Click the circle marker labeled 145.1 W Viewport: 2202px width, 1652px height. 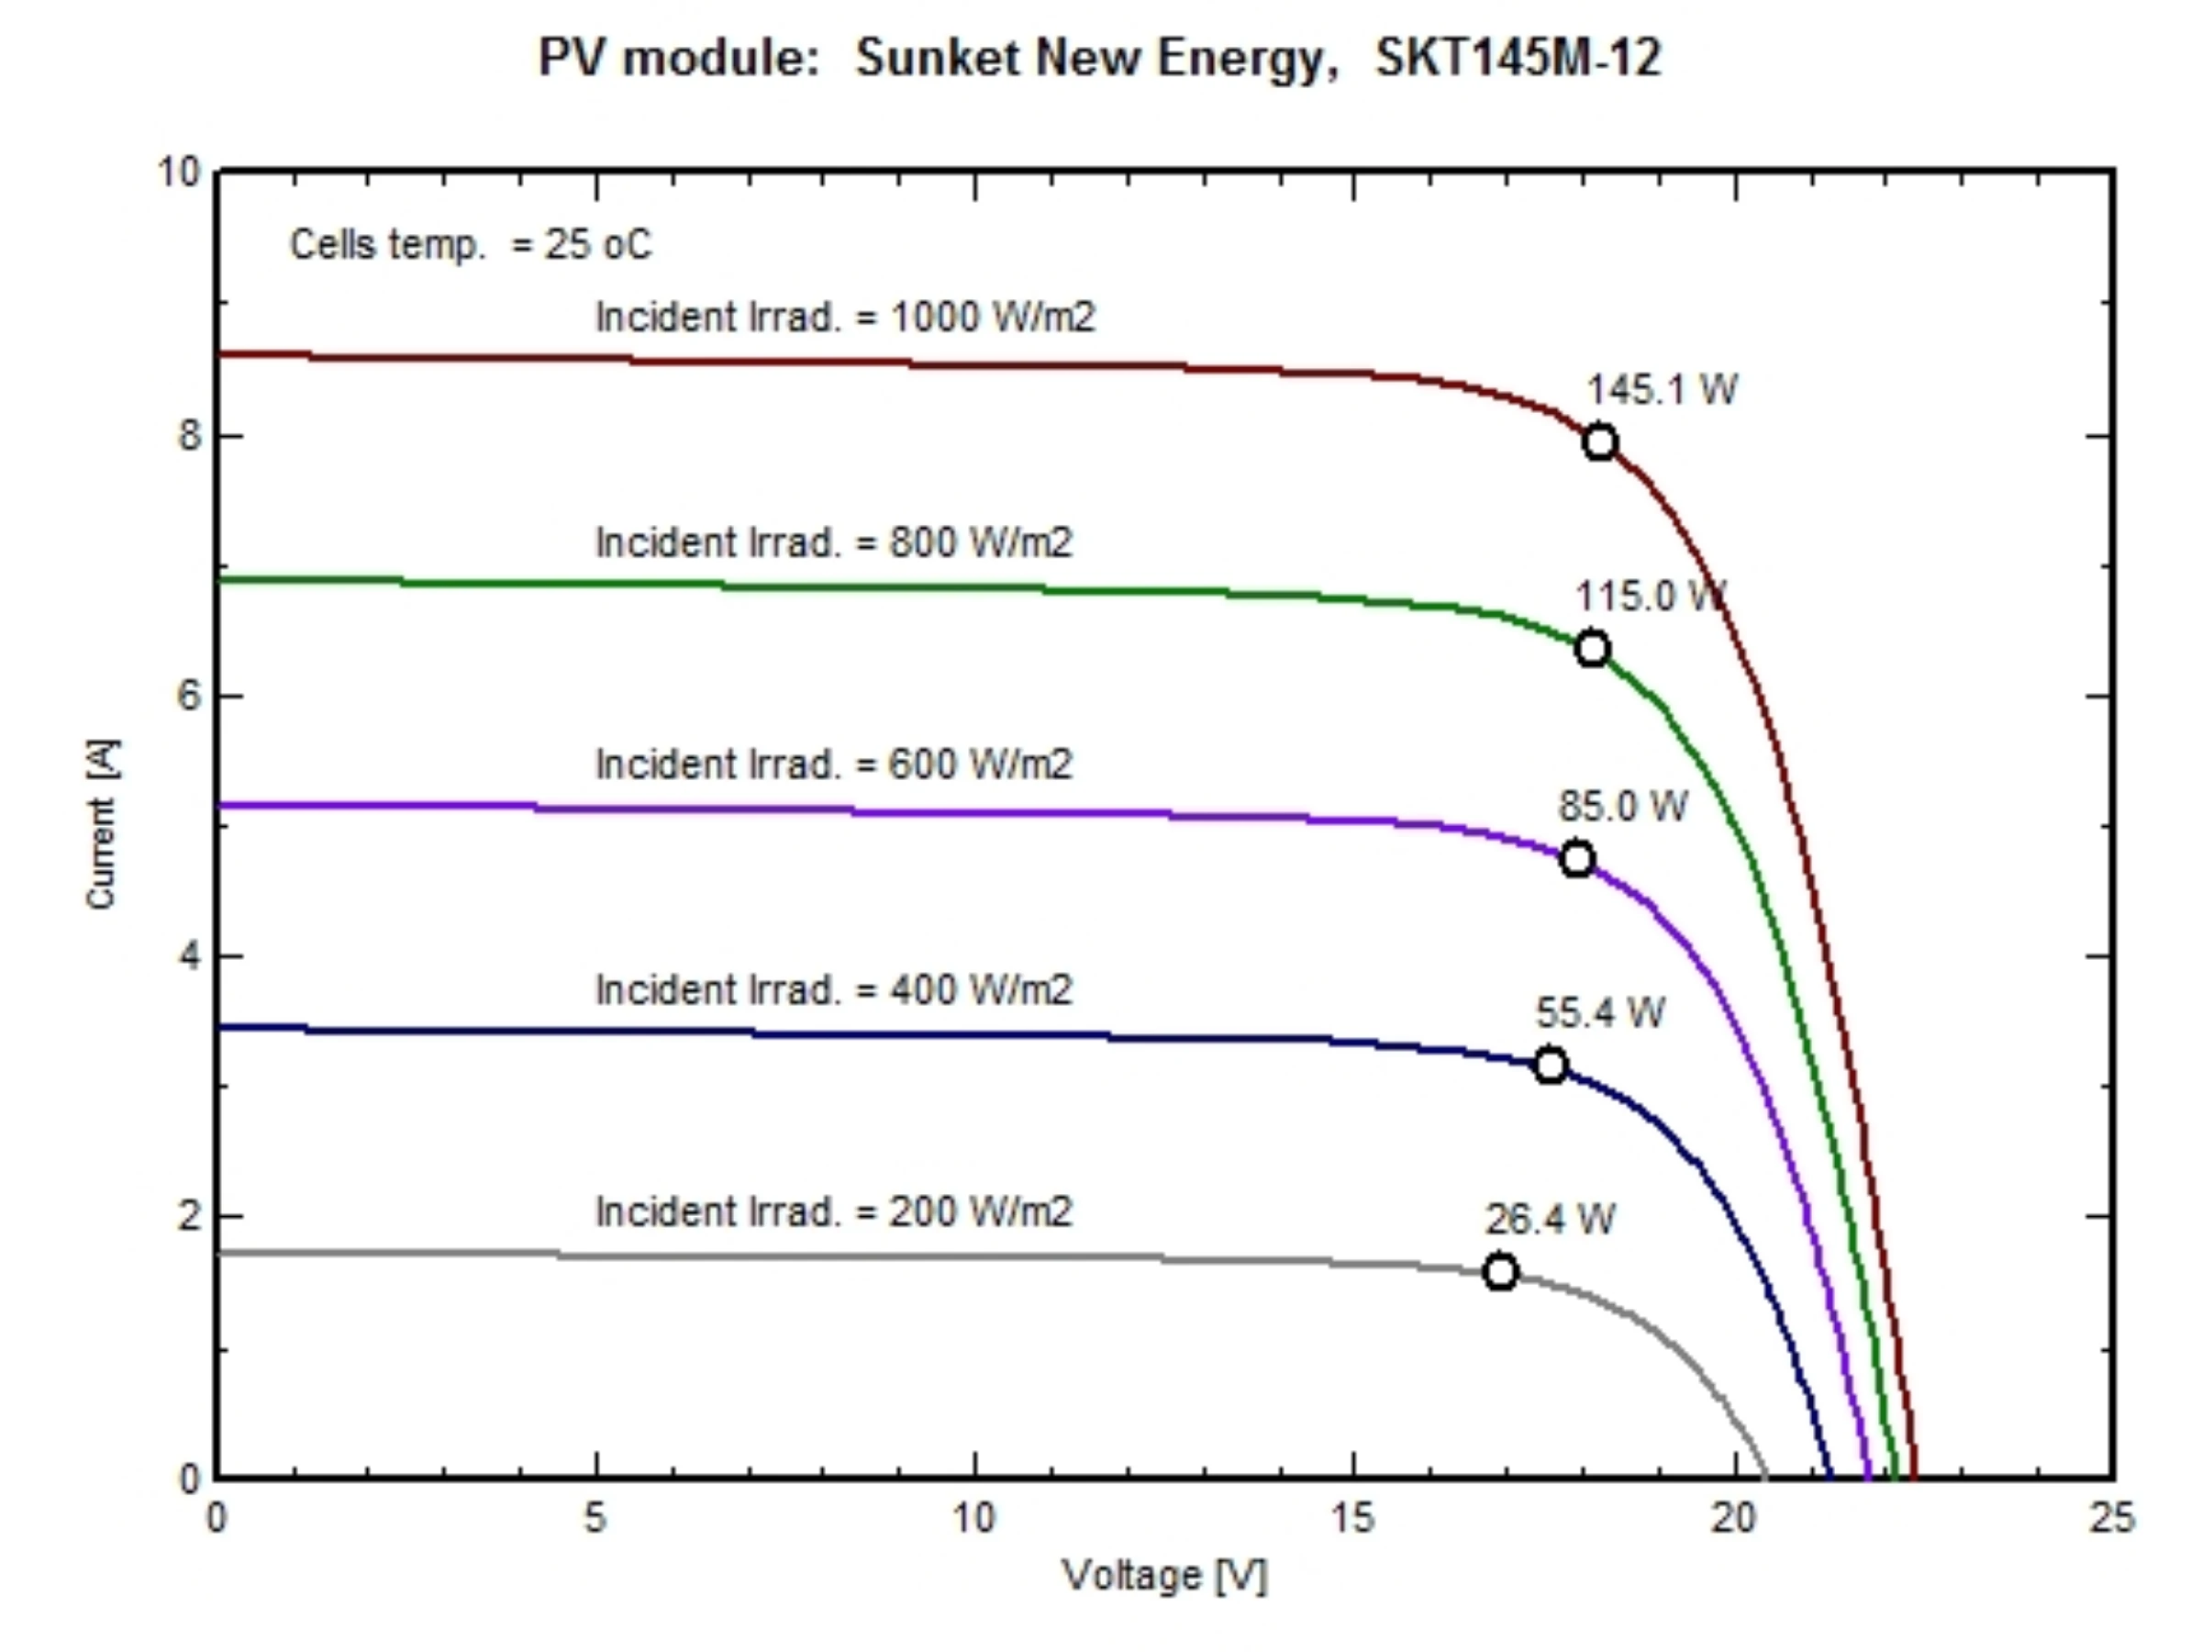click(x=1600, y=442)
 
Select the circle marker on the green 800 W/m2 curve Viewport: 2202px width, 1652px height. click(x=1593, y=649)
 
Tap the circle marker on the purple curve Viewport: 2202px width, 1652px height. click(x=1577, y=858)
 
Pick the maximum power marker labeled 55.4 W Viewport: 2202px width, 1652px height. click(x=1550, y=1066)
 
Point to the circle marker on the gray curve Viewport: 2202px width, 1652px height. click(x=1500, y=1272)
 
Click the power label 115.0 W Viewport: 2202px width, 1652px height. click(x=1650, y=597)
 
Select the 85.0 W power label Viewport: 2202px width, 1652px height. click(x=1623, y=806)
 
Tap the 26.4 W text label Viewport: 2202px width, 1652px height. click(x=1550, y=1219)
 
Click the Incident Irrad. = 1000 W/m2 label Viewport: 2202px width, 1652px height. click(x=845, y=317)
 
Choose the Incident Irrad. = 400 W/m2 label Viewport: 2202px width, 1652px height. click(x=834, y=989)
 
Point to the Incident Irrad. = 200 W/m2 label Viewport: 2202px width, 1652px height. click(x=834, y=1211)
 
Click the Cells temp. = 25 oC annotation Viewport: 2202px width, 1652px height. click(x=471, y=244)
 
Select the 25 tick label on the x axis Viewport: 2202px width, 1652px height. click(x=2110, y=1519)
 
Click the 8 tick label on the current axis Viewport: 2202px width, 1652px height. click(x=189, y=435)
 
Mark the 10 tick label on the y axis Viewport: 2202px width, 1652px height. click(x=179, y=173)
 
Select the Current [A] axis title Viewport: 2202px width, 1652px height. click(x=102, y=823)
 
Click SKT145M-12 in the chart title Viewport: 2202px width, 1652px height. click(x=1518, y=58)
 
